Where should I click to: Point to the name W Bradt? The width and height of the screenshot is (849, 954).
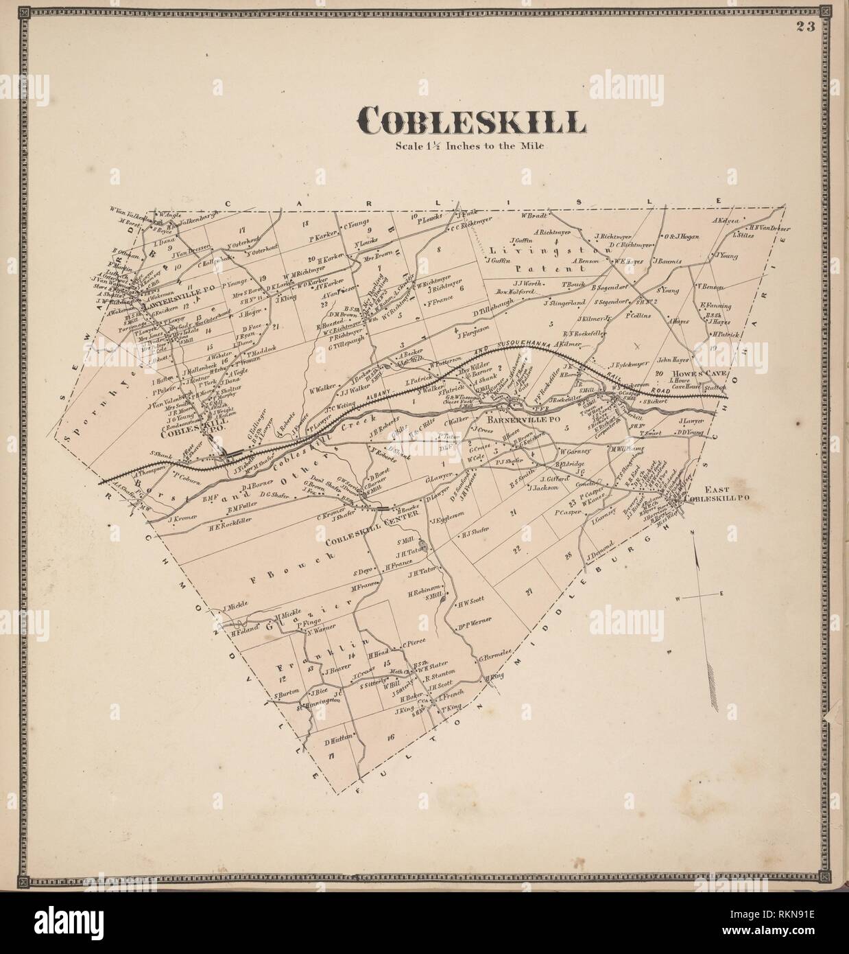point(532,215)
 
